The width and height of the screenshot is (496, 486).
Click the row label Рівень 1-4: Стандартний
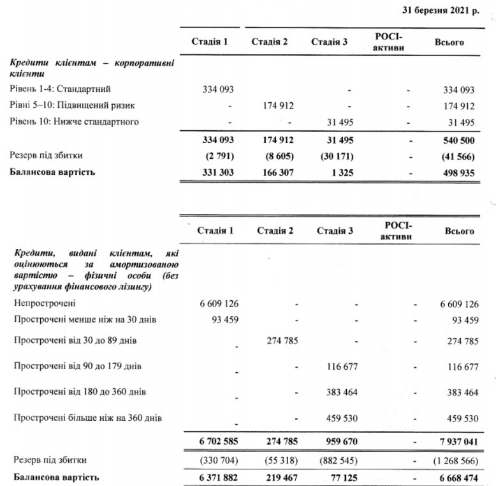tap(55, 89)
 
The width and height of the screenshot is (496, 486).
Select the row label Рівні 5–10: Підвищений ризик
tap(72, 105)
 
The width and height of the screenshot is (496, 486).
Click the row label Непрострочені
tap(44, 303)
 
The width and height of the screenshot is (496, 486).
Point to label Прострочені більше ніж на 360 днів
tap(88, 418)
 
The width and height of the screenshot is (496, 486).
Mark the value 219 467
tap(277, 477)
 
